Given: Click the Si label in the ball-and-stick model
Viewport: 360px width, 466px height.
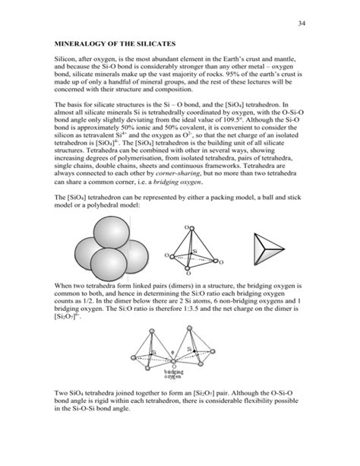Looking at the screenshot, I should pos(194,250).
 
